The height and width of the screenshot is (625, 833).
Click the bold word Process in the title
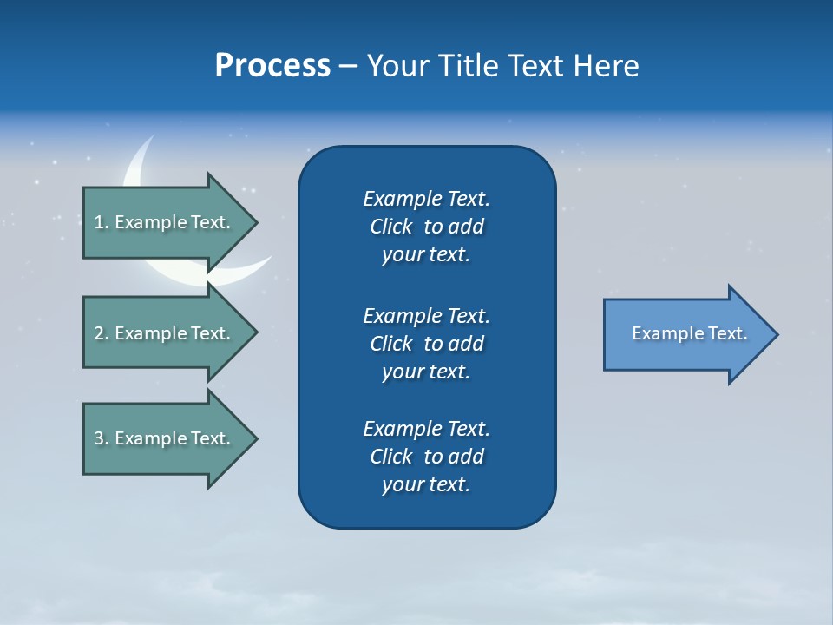272,66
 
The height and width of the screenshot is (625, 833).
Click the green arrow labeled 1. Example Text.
165,222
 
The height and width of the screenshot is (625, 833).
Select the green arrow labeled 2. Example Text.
165,333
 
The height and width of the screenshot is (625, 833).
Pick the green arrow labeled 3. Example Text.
165,438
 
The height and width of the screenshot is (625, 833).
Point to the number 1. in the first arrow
102,222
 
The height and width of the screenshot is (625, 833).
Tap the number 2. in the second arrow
102,333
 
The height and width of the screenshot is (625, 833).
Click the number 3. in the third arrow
102,438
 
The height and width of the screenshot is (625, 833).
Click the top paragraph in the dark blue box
426,227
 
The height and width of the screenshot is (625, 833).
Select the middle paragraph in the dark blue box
426,343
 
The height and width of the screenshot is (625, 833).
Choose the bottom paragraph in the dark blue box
426,457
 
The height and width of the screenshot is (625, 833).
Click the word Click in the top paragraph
390,227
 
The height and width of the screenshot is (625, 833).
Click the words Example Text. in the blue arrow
689,333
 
